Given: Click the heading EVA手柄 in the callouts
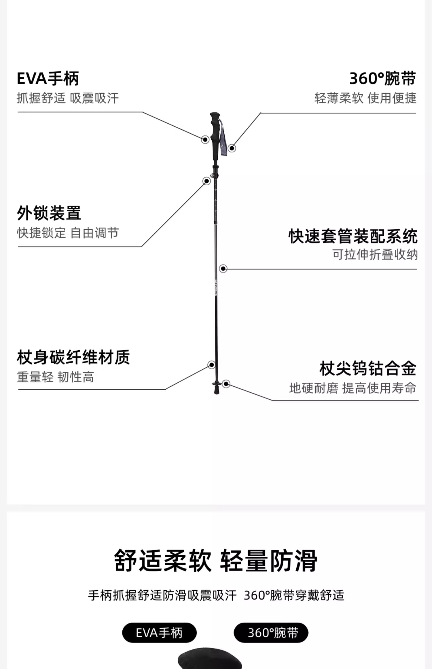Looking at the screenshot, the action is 48,78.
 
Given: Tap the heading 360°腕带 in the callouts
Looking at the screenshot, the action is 382,78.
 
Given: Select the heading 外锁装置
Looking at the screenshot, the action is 49,213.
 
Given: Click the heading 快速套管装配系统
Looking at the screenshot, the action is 353,236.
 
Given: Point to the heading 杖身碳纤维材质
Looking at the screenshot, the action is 73,357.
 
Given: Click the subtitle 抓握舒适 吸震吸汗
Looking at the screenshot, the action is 68,98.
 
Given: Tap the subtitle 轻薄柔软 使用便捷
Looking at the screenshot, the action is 365,98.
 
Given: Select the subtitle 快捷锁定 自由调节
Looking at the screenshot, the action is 68,233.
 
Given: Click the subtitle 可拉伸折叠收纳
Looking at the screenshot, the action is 375,254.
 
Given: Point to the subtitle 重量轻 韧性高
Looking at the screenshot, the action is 55,377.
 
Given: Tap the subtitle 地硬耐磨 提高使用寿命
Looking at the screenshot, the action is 353,388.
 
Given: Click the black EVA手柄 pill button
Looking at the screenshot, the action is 159,633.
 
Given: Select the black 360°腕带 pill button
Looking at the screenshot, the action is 271,633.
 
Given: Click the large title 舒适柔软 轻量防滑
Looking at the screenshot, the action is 216,560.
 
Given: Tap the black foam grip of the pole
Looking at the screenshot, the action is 215,135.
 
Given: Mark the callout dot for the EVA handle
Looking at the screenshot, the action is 205,140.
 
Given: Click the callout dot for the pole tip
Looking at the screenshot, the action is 226,384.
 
